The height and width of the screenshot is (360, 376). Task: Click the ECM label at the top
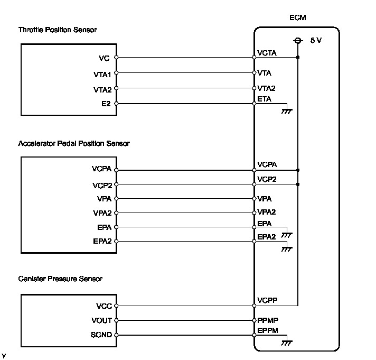pyautogui.click(x=298, y=17)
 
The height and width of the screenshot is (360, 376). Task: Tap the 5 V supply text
pyautogui.click(x=316, y=40)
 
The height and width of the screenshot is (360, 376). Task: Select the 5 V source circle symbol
pyautogui.click(x=298, y=41)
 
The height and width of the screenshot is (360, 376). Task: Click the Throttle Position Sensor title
pyautogui.click(x=58, y=30)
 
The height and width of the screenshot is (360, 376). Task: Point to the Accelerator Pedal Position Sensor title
pyautogui.click(x=74, y=143)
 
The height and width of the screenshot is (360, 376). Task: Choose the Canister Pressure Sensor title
pyautogui.click(x=60, y=279)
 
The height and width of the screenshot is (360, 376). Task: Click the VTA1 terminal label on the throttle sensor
pyautogui.click(x=102, y=75)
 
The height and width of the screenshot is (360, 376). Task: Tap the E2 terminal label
pyautogui.click(x=106, y=104)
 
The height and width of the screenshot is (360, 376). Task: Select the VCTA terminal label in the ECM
pyautogui.click(x=267, y=53)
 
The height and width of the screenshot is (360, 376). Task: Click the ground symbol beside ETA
pyautogui.click(x=287, y=112)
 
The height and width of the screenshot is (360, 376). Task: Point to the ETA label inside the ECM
pyautogui.click(x=264, y=99)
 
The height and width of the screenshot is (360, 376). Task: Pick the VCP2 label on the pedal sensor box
pyautogui.click(x=102, y=186)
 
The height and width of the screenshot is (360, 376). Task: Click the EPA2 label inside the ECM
pyautogui.click(x=266, y=237)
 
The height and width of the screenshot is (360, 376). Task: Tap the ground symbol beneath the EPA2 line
pyautogui.click(x=287, y=250)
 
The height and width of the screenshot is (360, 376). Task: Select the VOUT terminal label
pyautogui.click(x=101, y=320)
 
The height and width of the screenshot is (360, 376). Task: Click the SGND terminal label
pyautogui.click(x=101, y=335)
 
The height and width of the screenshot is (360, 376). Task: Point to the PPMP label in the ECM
pyautogui.click(x=268, y=320)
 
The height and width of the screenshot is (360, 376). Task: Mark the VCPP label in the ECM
pyautogui.click(x=267, y=300)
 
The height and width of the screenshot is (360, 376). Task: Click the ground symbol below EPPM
pyautogui.click(x=287, y=343)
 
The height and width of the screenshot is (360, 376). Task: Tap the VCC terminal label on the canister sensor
pyautogui.click(x=104, y=306)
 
